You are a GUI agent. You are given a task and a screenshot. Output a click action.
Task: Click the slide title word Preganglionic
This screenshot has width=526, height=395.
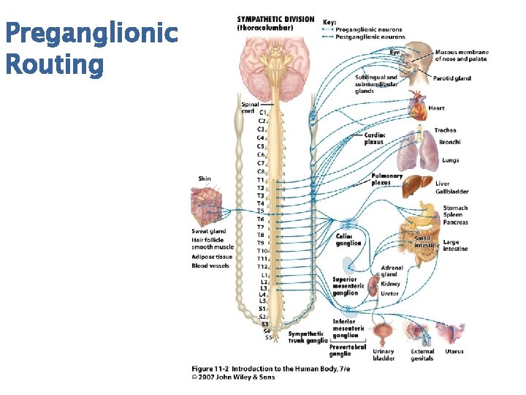pyautogui.click(x=91, y=34)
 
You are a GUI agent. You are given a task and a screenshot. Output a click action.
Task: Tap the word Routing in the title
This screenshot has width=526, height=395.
pyautogui.click(x=54, y=64)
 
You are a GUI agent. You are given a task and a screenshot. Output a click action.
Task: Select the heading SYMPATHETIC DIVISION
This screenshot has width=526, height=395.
pyautogui.click(x=275, y=20)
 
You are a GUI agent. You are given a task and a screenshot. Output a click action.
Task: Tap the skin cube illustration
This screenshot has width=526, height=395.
pyautogui.click(x=208, y=206)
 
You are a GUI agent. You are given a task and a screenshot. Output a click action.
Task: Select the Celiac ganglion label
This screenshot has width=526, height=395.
pyautogui.click(x=348, y=240)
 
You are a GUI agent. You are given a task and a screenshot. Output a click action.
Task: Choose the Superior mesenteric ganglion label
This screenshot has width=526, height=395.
pyautogui.click(x=345, y=286)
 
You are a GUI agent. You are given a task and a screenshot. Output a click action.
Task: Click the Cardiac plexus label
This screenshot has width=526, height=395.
pyautogui.click(x=374, y=138)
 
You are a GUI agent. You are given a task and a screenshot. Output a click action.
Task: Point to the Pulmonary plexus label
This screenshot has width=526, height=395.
pyautogui.click(x=386, y=178)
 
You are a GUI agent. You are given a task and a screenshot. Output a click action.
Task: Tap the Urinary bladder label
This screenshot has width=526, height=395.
pyautogui.click(x=384, y=355)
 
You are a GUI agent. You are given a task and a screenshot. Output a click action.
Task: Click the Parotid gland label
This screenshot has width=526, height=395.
pyautogui.click(x=451, y=78)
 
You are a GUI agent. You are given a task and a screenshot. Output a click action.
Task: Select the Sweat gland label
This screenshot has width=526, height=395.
pyautogui.click(x=208, y=231)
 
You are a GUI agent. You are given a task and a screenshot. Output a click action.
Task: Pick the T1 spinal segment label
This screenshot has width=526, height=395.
pyautogui.click(x=260, y=180)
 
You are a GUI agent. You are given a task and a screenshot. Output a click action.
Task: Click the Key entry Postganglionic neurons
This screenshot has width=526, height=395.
pyautogui.click(x=370, y=37)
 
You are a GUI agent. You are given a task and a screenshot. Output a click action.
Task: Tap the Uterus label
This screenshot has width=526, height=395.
pyautogui.click(x=454, y=351)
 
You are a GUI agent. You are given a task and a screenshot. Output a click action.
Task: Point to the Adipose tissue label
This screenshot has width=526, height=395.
pyautogui.click(x=212, y=257)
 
